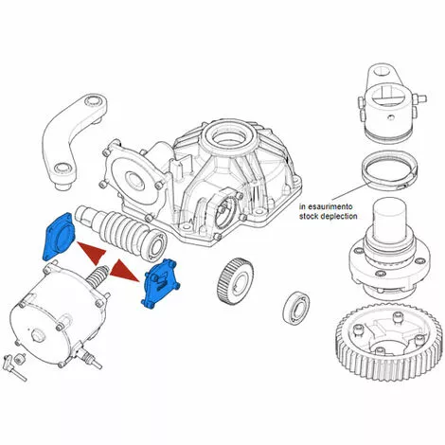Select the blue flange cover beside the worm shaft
tap(58, 235)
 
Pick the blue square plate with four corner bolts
tap(160, 283)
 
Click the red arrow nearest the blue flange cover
tap(93, 252)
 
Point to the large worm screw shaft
tap(121, 232)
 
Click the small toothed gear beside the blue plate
tap(236, 279)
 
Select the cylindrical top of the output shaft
tap(391, 217)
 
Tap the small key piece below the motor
tap(21, 359)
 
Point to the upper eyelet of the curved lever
tap(94, 103)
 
